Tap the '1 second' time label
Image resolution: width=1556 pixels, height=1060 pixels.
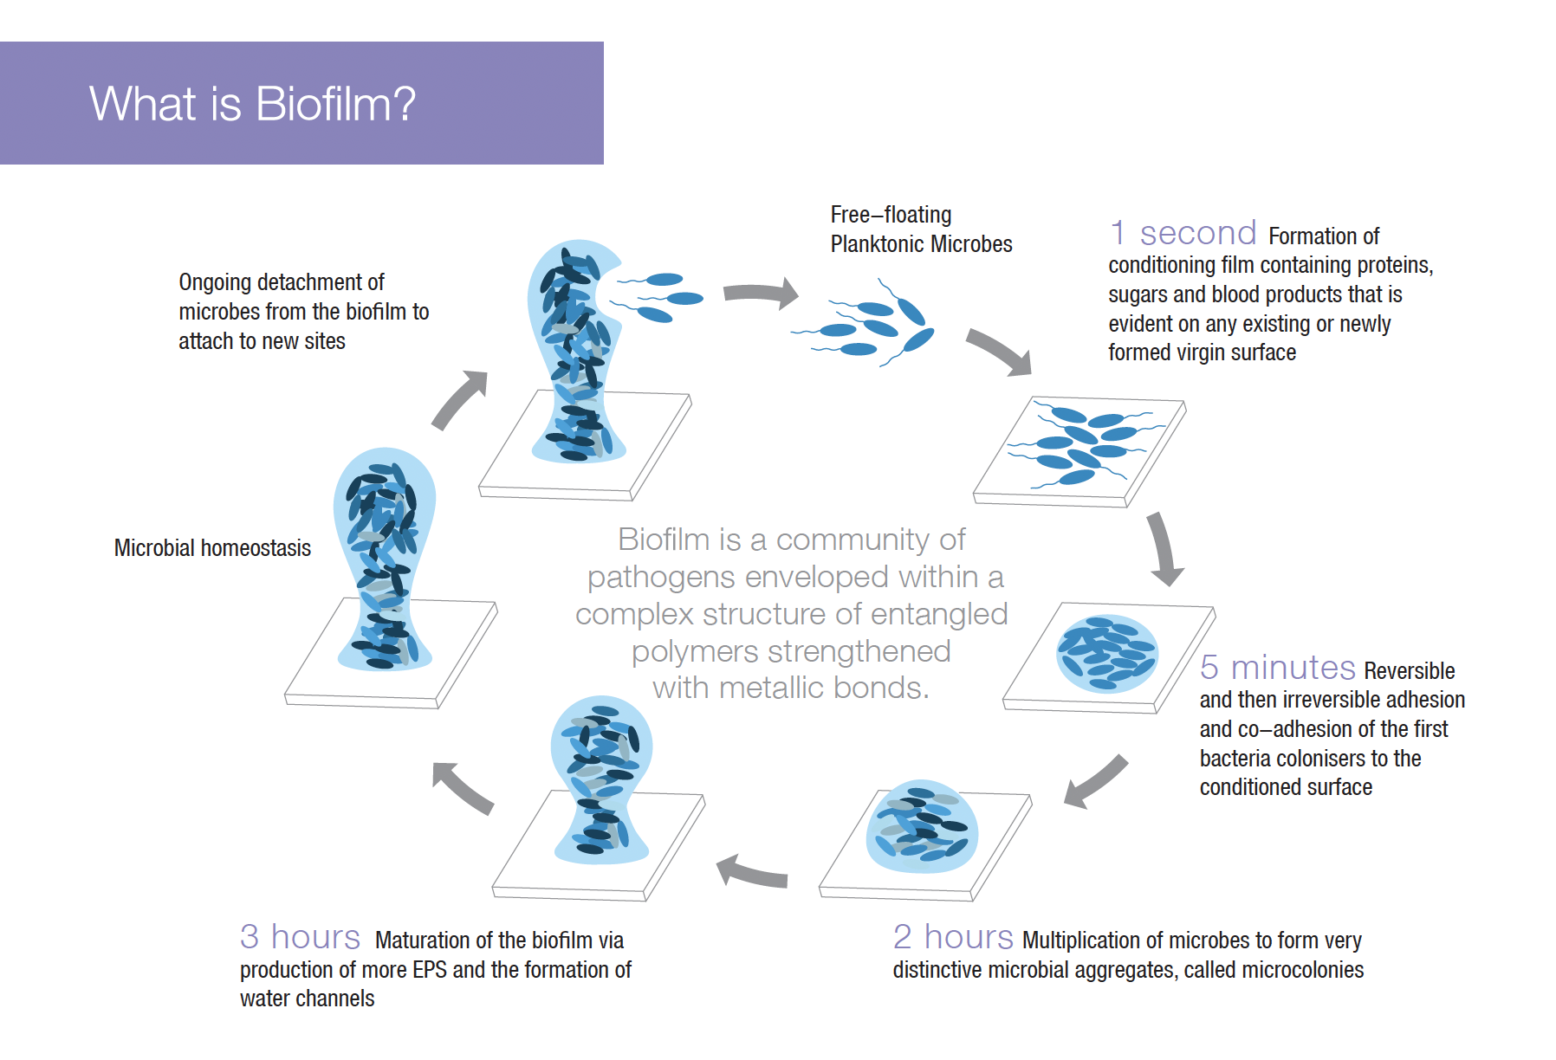(1183, 233)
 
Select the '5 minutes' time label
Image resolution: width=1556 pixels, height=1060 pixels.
(1277, 668)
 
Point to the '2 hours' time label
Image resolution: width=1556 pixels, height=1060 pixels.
(953, 937)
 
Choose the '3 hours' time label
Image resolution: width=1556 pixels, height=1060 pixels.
(300, 937)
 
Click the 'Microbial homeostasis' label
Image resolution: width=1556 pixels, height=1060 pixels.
(212, 548)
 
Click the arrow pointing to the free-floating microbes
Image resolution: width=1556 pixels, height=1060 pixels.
(762, 293)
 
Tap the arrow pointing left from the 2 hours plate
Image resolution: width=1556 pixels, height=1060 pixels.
(751, 871)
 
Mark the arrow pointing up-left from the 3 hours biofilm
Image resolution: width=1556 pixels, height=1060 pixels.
(462, 786)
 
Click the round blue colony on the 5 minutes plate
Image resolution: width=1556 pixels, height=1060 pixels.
(1106, 654)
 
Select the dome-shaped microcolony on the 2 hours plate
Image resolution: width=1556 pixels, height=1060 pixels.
(922, 829)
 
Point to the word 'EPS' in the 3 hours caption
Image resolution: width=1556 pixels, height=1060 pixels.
(430, 970)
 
